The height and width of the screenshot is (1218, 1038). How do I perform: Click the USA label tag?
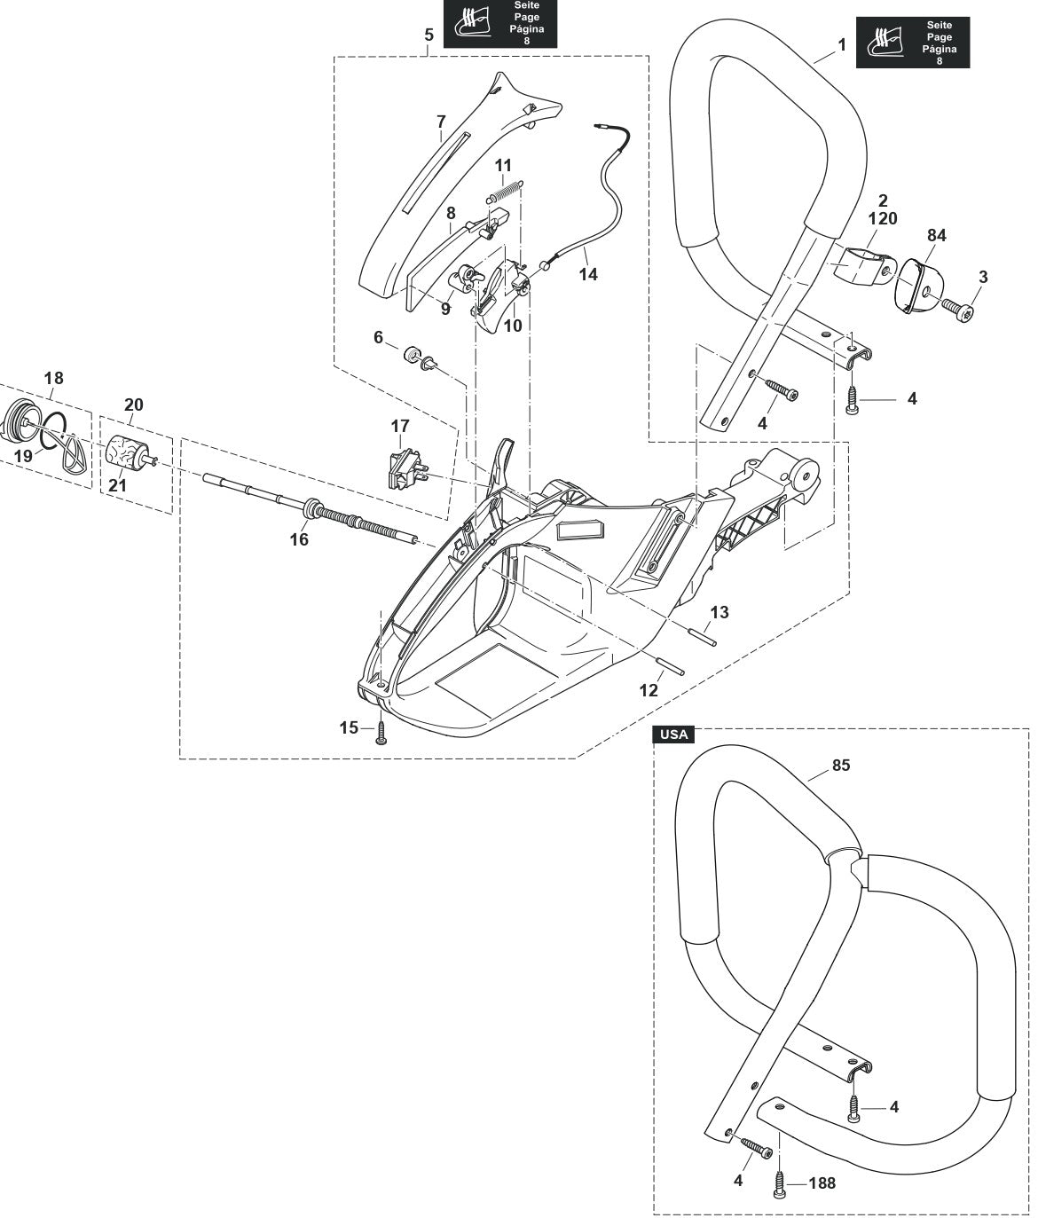pyautogui.click(x=673, y=735)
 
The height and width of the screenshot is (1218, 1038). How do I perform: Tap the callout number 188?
pyautogui.click(x=822, y=1183)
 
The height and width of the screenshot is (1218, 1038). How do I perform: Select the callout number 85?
pyautogui.click(x=840, y=765)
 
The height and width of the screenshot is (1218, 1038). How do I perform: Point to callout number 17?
pyautogui.click(x=400, y=427)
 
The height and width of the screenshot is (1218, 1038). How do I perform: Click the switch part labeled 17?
pyautogui.click(x=404, y=468)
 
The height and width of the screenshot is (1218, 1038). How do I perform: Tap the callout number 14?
pyautogui.click(x=588, y=274)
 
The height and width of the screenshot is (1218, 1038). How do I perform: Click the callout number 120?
pyautogui.click(x=883, y=218)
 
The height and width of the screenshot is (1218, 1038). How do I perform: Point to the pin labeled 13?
pyautogui.click(x=702, y=637)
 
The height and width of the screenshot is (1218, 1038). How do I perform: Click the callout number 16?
pyautogui.click(x=299, y=538)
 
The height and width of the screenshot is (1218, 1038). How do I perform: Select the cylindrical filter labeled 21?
pyautogui.click(x=125, y=453)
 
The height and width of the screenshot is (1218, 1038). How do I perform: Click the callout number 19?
pyautogui.click(x=23, y=455)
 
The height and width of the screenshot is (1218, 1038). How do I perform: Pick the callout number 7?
pyautogui.click(x=441, y=121)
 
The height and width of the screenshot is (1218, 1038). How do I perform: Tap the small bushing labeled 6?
pyautogui.click(x=412, y=356)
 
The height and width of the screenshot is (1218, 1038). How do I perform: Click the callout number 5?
pyautogui.click(x=429, y=35)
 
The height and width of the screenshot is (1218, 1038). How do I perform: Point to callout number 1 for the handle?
pyautogui.click(x=841, y=43)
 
